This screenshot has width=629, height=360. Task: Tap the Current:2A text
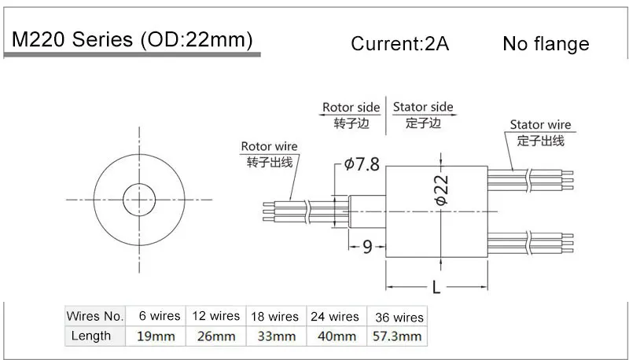pos(399,44)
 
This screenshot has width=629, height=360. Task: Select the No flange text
pos(546,44)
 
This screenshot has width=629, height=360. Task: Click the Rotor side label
pos(351,108)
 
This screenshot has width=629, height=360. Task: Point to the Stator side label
pos(423,108)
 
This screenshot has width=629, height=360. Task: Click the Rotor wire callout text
pos(269,147)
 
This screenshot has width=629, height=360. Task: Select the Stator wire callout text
pos(540,125)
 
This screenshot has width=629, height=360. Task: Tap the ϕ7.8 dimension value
pos(362,165)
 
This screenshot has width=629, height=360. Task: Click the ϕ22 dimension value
pos(441,190)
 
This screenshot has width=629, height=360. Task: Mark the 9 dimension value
pos(367,248)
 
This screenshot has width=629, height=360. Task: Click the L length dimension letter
pos(436,288)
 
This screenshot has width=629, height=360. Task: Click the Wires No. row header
pos(95,316)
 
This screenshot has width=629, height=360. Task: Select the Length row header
pos(91,336)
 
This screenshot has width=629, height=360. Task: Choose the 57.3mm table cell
pos(397,336)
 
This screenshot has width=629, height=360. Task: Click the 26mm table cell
pos(215,336)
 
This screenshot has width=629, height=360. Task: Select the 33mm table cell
pos(274,336)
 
